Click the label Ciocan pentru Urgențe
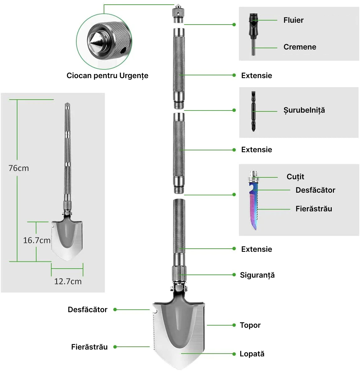pyautogui.click(x=107, y=76)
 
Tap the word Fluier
pyautogui.click(x=293, y=20)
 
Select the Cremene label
pyautogui.click(x=300, y=47)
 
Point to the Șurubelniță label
pyautogui.click(x=304, y=110)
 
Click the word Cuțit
pyautogui.click(x=295, y=177)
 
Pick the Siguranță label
pyautogui.click(x=257, y=275)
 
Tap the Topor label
pyautogui.click(x=250, y=325)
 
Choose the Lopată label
pyautogui.click(x=252, y=354)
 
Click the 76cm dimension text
pyautogui.click(x=19, y=168)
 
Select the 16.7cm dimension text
pyautogui.click(x=36, y=240)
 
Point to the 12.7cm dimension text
pyautogui.click(x=68, y=281)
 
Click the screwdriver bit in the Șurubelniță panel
pyautogui.click(x=253, y=111)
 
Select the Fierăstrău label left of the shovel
pyautogui.click(x=89, y=347)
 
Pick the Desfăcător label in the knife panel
pyautogui.click(x=315, y=190)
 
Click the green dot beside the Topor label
pyautogui.click(x=234, y=325)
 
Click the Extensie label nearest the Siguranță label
pyautogui.click(x=256, y=249)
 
